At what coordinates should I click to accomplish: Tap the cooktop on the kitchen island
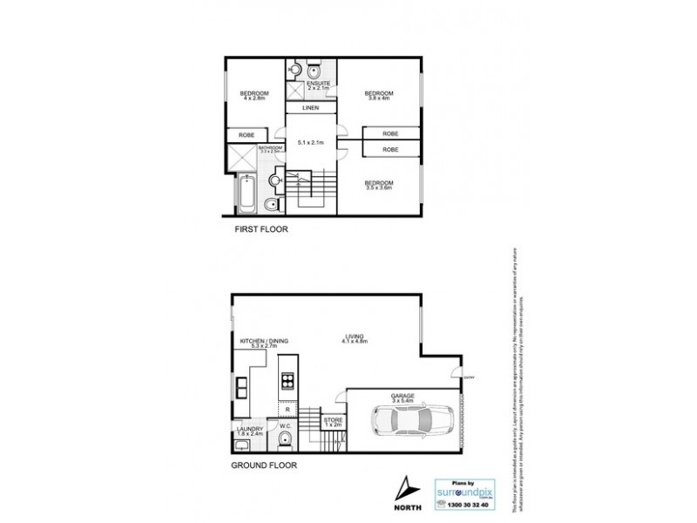point(287,381)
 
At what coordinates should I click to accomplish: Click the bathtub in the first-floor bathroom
point(247,193)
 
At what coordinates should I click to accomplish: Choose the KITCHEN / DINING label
point(265,342)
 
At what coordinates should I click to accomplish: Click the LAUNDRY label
point(249,428)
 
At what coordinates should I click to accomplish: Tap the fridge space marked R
point(287,409)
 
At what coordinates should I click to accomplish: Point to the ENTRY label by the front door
point(469,377)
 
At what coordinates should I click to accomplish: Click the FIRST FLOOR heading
point(262,229)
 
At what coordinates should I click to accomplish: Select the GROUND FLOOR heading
point(264,466)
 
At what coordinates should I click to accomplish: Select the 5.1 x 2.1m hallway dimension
point(311,142)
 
